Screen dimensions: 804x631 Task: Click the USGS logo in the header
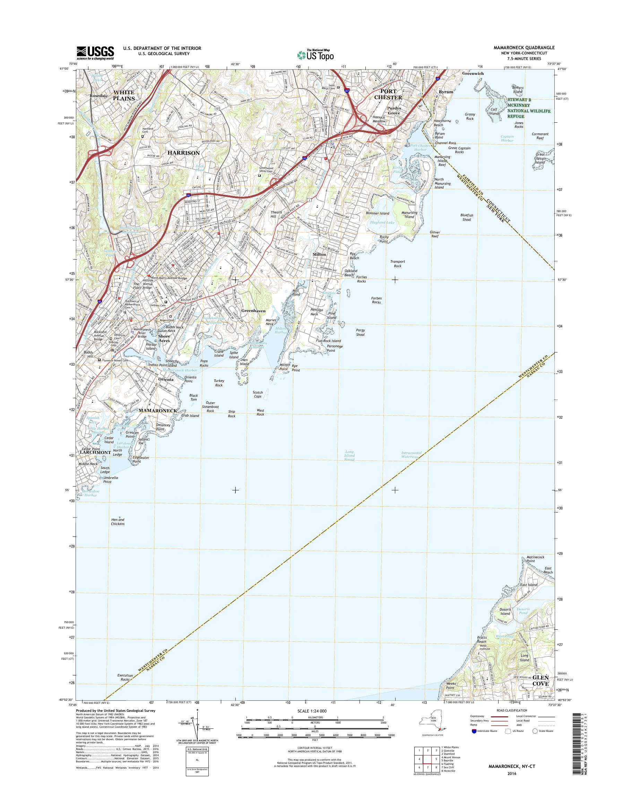point(95,53)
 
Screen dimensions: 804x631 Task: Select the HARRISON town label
point(184,152)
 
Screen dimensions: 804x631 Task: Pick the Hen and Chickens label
point(118,522)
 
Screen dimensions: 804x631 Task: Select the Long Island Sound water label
point(349,456)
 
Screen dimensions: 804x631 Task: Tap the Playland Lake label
point(382,222)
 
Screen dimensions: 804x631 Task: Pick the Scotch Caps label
point(258,394)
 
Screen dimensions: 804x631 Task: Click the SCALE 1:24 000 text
point(312,711)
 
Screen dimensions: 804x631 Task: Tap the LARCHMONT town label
point(94,452)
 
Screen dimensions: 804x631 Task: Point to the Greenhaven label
point(253,311)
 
